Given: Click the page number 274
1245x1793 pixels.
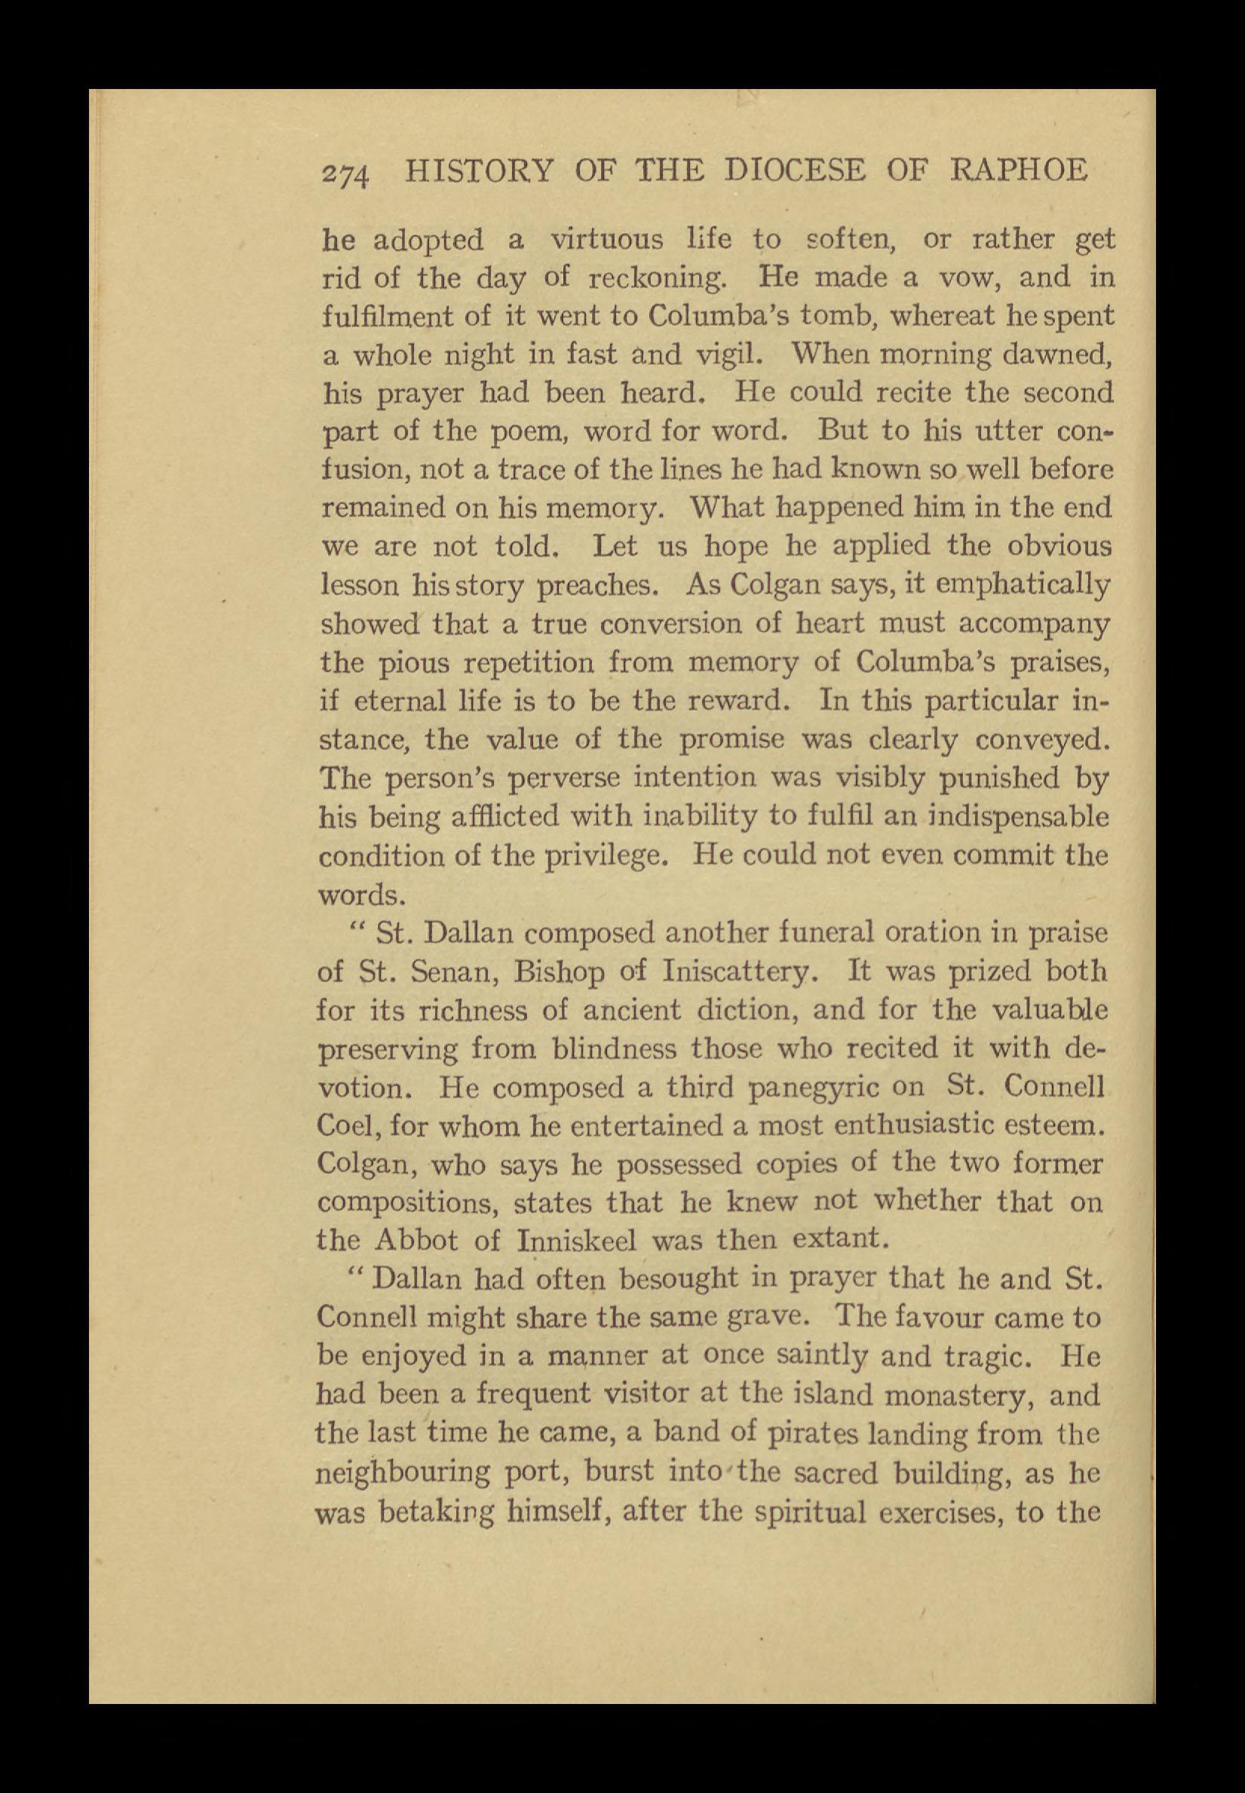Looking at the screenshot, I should pyautogui.click(x=348, y=173).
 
